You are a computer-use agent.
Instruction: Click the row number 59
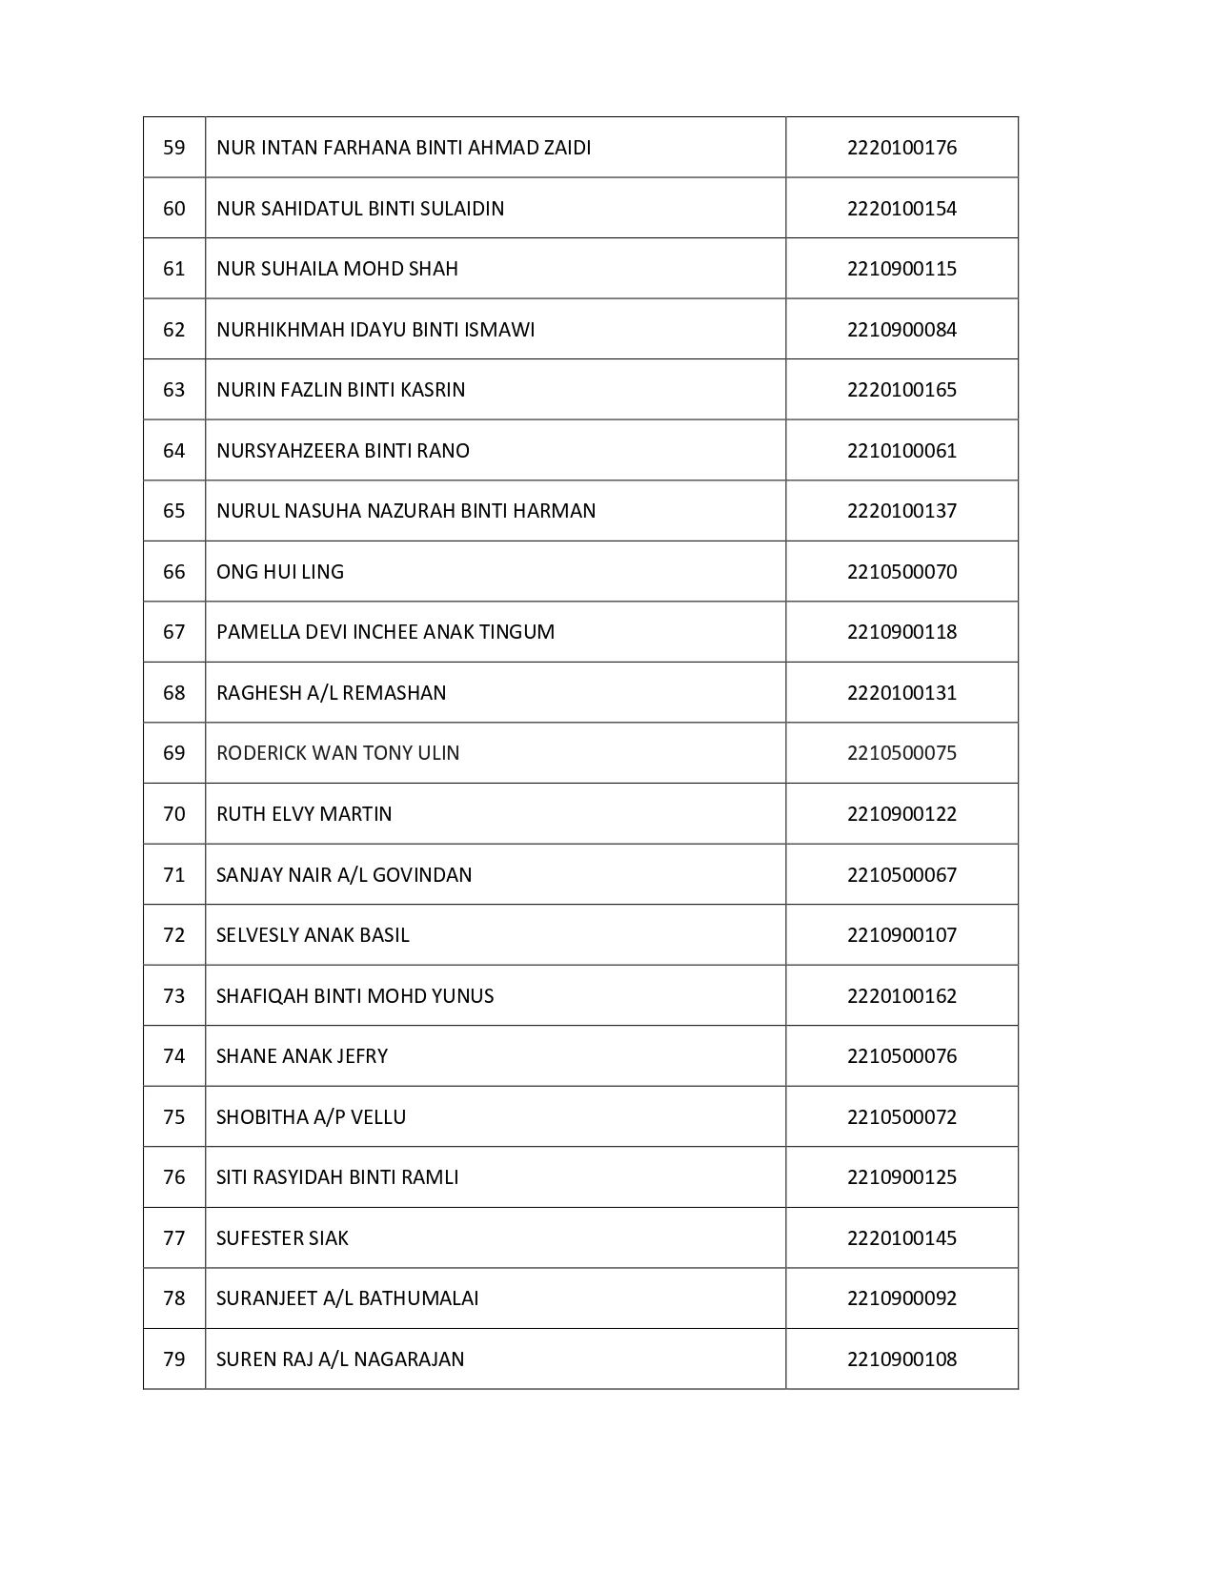[174, 148]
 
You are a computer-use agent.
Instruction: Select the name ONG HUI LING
[280, 572]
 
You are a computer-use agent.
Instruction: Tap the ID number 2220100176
[901, 148]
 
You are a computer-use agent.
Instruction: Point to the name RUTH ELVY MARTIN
[304, 814]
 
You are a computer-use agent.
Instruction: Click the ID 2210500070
[901, 572]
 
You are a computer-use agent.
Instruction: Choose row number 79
[174, 1359]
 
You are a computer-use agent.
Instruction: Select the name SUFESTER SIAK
[282, 1238]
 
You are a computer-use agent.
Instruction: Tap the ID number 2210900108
[901, 1359]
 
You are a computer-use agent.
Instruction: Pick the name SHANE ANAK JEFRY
[302, 1056]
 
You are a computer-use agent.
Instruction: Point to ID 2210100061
[901, 451]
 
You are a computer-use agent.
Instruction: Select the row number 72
[174, 935]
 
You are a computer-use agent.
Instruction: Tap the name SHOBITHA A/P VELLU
[311, 1117]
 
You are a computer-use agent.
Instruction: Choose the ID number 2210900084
[901, 330]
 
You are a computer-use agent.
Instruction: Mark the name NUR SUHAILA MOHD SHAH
[337, 269]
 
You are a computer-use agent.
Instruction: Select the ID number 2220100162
[901, 996]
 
